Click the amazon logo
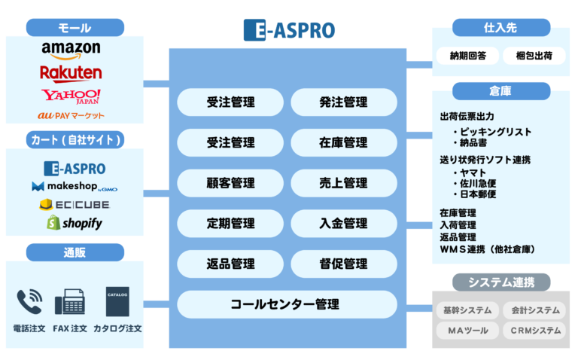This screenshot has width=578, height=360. (71, 50)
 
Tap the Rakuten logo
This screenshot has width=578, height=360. (71, 72)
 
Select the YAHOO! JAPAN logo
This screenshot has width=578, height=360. (71, 96)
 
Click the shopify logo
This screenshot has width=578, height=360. (74, 223)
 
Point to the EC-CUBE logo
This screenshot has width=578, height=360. (74, 204)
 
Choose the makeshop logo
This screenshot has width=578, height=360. (74, 186)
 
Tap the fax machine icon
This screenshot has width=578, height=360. (70, 302)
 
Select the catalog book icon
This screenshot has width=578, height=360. (117, 301)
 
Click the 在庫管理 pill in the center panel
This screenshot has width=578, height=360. (343, 142)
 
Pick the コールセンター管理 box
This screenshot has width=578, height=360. (286, 304)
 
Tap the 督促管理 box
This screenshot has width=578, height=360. (343, 264)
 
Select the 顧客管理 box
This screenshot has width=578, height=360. (230, 183)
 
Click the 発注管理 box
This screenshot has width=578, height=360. (343, 102)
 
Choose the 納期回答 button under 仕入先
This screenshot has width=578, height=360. (467, 56)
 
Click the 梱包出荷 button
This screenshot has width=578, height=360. (534, 56)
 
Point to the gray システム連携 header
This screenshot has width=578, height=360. (500, 282)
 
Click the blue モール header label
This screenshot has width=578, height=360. (75, 28)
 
